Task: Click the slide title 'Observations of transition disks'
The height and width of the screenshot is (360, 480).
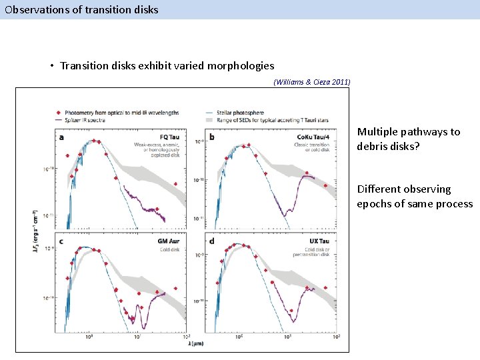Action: pyautogui.click(x=81, y=9)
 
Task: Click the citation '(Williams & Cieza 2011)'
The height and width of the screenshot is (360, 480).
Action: pyautogui.click(x=312, y=82)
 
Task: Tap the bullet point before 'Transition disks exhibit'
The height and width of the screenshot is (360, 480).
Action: pyautogui.click(x=51, y=66)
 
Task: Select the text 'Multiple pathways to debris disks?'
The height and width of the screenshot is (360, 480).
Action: pyautogui.click(x=408, y=139)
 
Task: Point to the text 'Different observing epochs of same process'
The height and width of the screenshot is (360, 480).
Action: pyautogui.click(x=414, y=197)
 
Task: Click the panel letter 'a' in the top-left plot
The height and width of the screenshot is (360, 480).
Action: pyautogui.click(x=62, y=138)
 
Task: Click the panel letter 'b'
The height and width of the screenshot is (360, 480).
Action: pyautogui.click(x=212, y=138)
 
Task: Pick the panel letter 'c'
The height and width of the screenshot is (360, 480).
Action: pyautogui.click(x=62, y=241)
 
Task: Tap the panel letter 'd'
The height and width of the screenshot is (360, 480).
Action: pyautogui.click(x=212, y=241)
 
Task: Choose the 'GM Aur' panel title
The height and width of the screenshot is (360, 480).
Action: pyautogui.click(x=167, y=240)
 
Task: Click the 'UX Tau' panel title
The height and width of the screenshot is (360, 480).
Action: pyautogui.click(x=319, y=240)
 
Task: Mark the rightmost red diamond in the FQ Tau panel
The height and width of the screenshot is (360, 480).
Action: pyautogui.click(x=175, y=184)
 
